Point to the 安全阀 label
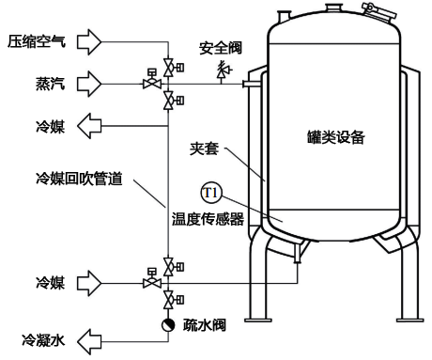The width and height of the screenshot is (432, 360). coord(223,47)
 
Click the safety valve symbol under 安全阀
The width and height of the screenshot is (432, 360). coord(224,69)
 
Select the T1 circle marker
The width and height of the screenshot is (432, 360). coord(211,195)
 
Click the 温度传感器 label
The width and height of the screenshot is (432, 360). coord(208,220)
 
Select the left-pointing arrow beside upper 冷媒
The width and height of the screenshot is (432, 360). coord(92,124)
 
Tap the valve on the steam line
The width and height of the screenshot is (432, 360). coord(148,83)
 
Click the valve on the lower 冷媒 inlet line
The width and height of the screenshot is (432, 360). coord(148,279)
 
